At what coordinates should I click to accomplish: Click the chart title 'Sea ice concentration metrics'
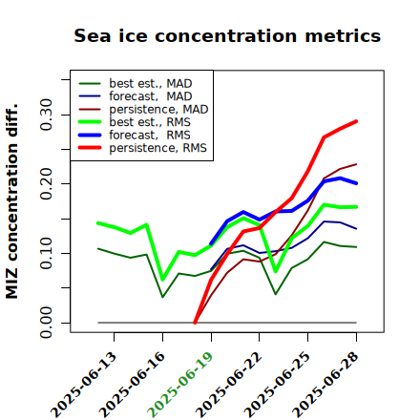(x=227, y=35)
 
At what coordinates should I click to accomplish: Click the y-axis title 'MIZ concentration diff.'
(x=11, y=201)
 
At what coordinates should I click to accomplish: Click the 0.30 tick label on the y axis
(x=46, y=115)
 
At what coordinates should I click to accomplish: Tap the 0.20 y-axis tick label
(x=46, y=183)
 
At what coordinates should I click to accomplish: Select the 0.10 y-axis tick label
(x=46, y=253)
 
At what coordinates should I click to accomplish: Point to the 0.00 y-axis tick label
(x=46, y=323)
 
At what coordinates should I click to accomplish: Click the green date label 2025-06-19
(x=180, y=385)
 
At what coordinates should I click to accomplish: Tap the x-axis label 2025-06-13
(x=83, y=385)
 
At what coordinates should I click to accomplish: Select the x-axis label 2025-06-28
(x=325, y=385)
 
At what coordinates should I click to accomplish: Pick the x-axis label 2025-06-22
(x=228, y=385)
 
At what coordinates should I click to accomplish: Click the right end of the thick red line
(x=356, y=121)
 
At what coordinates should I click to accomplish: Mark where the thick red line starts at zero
(x=195, y=323)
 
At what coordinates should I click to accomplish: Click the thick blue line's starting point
(x=211, y=243)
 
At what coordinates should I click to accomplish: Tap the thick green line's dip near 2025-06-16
(x=162, y=280)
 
